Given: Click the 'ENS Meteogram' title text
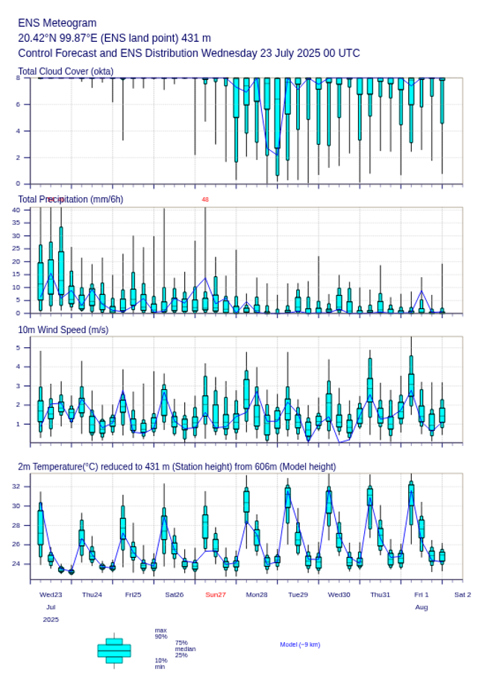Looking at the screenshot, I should click(x=57, y=23).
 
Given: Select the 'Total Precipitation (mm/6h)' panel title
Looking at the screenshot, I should click(x=71, y=199).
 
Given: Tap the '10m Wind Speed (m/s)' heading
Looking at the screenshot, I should click(x=63, y=329).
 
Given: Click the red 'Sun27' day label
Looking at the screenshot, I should click(x=216, y=594).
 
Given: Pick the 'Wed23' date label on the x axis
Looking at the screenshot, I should click(x=51, y=594).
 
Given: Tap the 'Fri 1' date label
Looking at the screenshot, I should click(x=422, y=594).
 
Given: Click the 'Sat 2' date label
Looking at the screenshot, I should click(x=463, y=594).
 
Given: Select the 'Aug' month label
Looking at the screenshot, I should click(x=422, y=607).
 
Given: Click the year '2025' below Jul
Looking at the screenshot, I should click(x=51, y=620).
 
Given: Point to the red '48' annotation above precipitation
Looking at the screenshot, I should click(x=205, y=199).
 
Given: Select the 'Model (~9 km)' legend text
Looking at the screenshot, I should click(x=300, y=644).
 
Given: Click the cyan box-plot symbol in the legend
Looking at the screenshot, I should click(x=114, y=650).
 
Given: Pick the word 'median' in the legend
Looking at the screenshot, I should click(x=185, y=649).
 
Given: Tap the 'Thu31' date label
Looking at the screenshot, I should click(x=381, y=594).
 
